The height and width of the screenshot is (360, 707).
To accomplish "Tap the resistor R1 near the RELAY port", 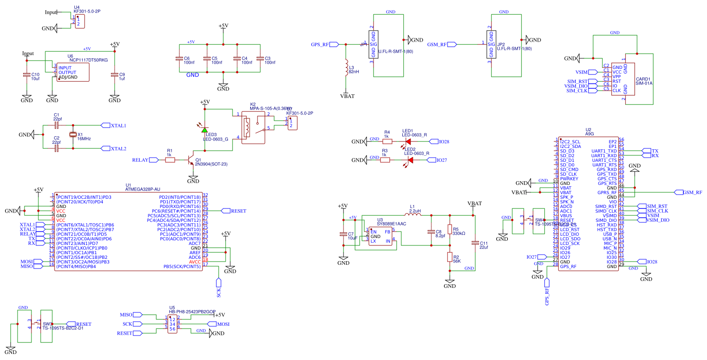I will point(170,160).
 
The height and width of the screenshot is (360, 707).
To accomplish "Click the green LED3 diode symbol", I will point(204,130).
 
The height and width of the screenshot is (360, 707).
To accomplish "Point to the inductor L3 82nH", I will point(346,69).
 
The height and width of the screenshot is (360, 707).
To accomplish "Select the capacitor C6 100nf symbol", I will point(179,59).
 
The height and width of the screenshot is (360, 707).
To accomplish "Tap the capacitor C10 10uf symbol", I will point(27,75).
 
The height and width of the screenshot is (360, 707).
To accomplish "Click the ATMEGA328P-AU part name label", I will point(143,189).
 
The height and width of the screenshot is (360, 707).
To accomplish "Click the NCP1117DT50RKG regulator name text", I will point(88,60).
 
